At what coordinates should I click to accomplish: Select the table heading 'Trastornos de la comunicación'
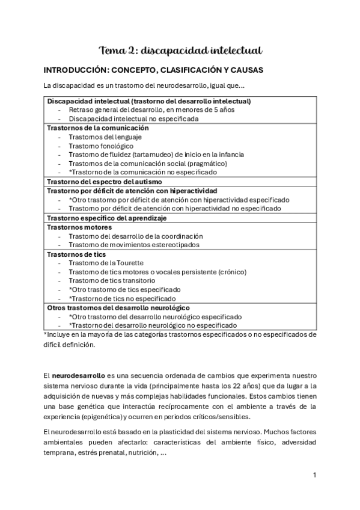tap(97, 128)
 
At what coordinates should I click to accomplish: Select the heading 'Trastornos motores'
tap(79, 227)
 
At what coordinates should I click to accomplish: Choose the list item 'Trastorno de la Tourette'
tap(106, 263)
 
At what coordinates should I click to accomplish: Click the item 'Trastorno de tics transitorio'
tap(112, 280)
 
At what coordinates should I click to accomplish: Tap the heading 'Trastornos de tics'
tap(78, 254)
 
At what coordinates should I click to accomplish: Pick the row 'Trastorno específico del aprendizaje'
tap(106, 218)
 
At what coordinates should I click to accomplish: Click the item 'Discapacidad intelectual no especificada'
tap(133, 118)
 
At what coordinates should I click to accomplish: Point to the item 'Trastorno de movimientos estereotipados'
tap(134, 245)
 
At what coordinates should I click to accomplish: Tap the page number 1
tap(314, 475)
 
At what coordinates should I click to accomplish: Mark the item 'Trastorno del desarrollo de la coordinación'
tap(136, 236)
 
